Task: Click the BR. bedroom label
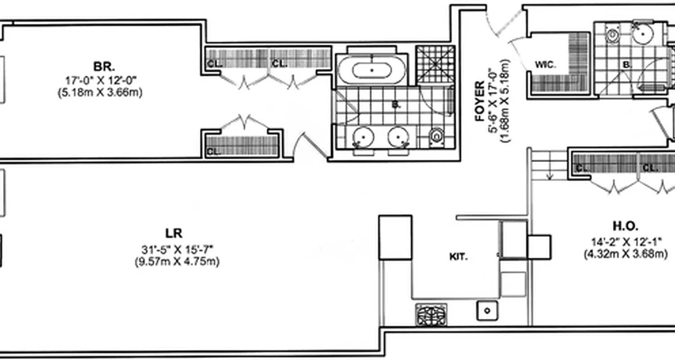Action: pyautogui.click(x=104, y=67)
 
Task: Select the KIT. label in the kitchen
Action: pyautogui.click(x=459, y=257)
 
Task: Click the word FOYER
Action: pyautogui.click(x=480, y=101)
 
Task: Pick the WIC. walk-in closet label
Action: pyautogui.click(x=545, y=64)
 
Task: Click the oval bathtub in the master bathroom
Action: pyautogui.click(x=372, y=70)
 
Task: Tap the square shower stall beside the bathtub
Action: pyautogui.click(x=435, y=64)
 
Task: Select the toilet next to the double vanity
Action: pyautogui.click(x=436, y=135)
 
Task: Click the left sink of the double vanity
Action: pyautogui.click(x=363, y=137)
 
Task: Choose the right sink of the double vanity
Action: pyautogui.click(x=399, y=137)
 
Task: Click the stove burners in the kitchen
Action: pyautogui.click(x=431, y=315)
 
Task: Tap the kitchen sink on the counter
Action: pyautogui.click(x=486, y=310)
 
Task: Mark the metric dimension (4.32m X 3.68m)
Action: pyautogui.click(x=625, y=255)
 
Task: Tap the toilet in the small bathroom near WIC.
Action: pyautogui.click(x=612, y=34)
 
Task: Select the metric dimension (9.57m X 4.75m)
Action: pyautogui.click(x=177, y=262)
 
